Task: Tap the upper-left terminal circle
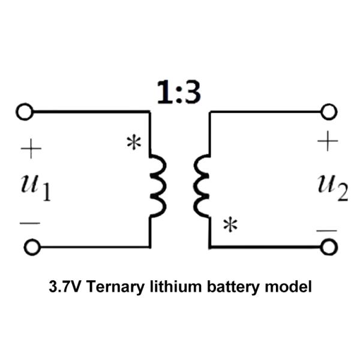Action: pyautogui.click(x=25, y=112)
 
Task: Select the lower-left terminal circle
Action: pyautogui.click(x=32, y=247)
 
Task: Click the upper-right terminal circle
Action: pyautogui.click(x=328, y=112)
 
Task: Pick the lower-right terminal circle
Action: pyautogui.click(x=328, y=247)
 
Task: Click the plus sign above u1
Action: pyautogui.click(x=30, y=149)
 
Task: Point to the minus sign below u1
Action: pyautogui.click(x=29, y=223)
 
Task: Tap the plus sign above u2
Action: pyautogui.click(x=328, y=142)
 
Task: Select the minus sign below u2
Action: pyautogui.click(x=326, y=230)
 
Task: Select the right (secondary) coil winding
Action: pyautogui.click(x=202, y=187)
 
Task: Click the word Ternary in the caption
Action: pyautogui.click(x=115, y=287)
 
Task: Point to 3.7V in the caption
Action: pyautogui.click(x=65, y=287)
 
